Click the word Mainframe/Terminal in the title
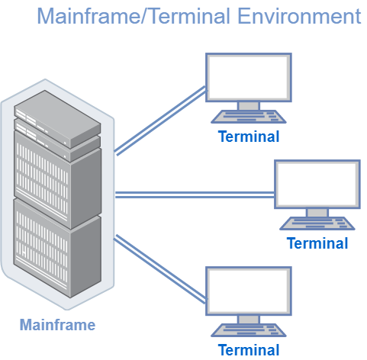tap(134, 16)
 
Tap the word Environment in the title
tap(299, 16)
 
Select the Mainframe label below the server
tap(57, 325)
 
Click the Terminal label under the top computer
tap(249, 137)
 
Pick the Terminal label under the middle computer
tap(317, 243)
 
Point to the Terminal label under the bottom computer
tap(249, 350)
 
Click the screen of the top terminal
tap(249, 77)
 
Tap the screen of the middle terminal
tap(317, 184)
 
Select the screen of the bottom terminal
tap(249, 291)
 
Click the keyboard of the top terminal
tap(249, 117)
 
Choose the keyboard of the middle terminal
tap(317, 223)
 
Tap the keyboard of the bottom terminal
tap(249, 330)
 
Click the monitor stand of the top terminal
tap(249, 106)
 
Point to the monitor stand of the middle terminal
tap(317, 213)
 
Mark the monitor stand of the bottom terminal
tap(249, 320)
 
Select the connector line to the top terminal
tap(161, 121)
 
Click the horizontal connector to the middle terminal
tap(195, 194)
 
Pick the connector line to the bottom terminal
tap(160, 269)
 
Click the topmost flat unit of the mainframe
tap(57, 119)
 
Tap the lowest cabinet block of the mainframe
tap(57, 249)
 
